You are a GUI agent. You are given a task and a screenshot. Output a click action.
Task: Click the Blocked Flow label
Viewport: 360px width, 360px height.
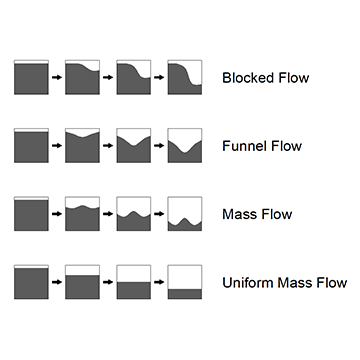pos(265,78)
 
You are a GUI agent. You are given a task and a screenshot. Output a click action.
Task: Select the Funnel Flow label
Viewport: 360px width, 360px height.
pos(261,146)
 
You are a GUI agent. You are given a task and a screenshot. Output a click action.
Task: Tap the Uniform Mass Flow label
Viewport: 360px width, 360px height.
pos(285,283)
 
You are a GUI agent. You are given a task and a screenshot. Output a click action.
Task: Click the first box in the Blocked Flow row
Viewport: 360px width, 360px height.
pos(30,77)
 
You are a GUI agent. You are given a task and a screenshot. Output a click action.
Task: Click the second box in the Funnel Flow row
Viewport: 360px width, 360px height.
pos(82,145)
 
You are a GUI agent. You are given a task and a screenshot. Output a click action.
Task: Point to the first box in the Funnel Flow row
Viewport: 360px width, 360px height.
pos(30,145)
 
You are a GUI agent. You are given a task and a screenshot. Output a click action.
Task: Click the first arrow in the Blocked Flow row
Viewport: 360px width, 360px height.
pos(56,77)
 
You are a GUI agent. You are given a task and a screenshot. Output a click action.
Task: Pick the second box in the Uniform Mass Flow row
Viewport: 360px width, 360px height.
pos(82,282)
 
